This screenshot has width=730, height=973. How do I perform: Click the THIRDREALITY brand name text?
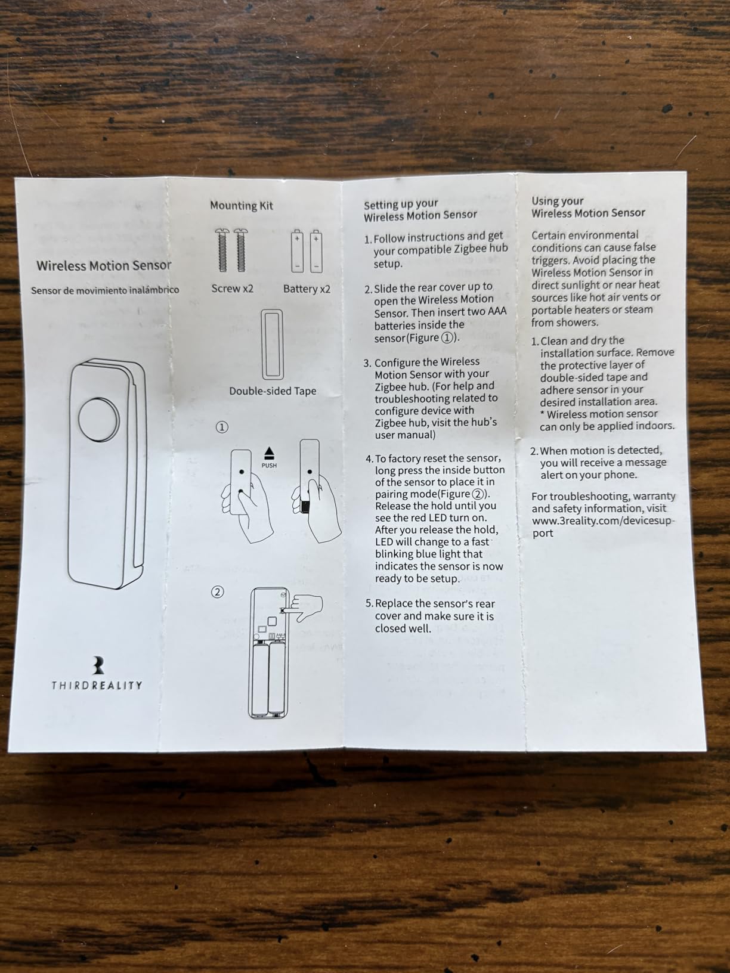(97, 686)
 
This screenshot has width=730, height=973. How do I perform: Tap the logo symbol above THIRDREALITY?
(98, 665)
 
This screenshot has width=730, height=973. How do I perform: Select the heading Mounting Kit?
(241, 206)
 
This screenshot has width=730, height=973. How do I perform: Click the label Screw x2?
(232, 289)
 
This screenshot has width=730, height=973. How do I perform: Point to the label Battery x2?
(307, 289)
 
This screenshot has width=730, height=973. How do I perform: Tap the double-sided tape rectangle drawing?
(272, 344)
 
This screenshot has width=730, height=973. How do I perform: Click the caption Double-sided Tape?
(273, 391)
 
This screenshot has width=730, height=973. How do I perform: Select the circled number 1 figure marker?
(221, 427)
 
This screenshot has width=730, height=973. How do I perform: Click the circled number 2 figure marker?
(218, 592)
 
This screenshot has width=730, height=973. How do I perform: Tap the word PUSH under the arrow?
(269, 466)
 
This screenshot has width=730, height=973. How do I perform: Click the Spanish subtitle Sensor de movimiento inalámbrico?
(105, 290)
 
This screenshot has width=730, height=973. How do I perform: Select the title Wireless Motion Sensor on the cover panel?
(104, 266)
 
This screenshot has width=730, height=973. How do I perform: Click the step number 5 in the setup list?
(369, 604)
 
